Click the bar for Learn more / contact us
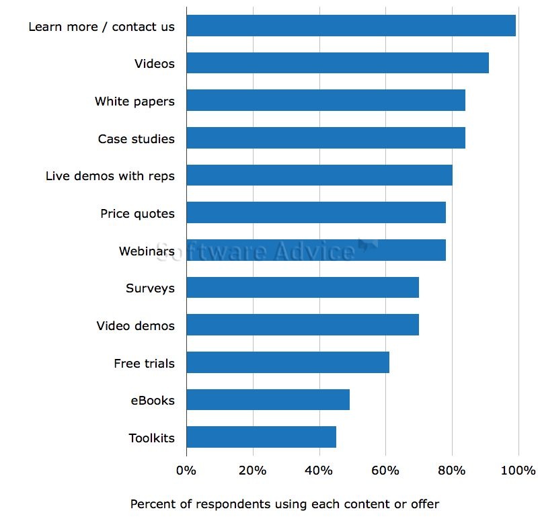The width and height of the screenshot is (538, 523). pos(350,26)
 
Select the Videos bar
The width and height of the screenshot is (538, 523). pos(337,63)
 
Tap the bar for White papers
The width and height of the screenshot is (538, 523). pos(325,101)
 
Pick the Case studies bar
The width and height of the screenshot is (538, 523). pos(325,138)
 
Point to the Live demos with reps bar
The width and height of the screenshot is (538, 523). pos(319,175)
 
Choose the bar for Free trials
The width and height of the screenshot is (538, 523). pos(287,363)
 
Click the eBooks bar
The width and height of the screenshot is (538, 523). pos(268,400)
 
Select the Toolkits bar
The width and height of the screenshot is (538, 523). pos(261,438)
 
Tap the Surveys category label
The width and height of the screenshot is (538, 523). pos(150,288)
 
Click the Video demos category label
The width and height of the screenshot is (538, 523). pos(135,326)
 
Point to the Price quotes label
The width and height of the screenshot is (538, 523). pos(137,214)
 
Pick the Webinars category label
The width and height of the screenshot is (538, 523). pos(147,251)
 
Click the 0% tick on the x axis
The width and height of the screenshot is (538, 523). pos(186,470)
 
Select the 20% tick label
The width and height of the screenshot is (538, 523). pos(252,470)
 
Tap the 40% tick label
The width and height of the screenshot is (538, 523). pos(319,470)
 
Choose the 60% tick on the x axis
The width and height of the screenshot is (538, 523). pos(385,470)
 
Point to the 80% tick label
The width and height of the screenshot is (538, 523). pos(452,470)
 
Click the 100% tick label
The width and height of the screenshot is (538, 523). pos(518,470)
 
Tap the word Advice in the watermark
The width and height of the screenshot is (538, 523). pos(315,251)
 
